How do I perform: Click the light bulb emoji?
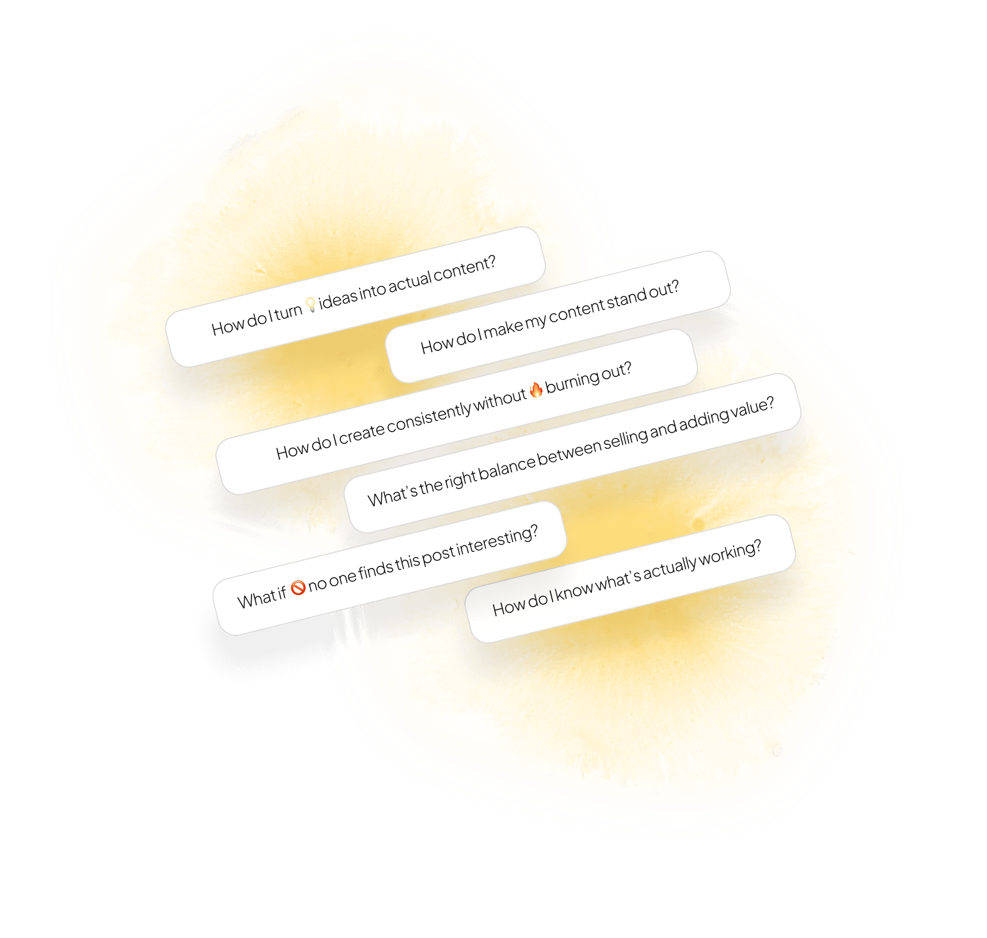[x=310, y=304]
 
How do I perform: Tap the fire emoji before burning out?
[x=536, y=390]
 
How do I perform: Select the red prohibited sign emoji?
[x=298, y=588]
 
